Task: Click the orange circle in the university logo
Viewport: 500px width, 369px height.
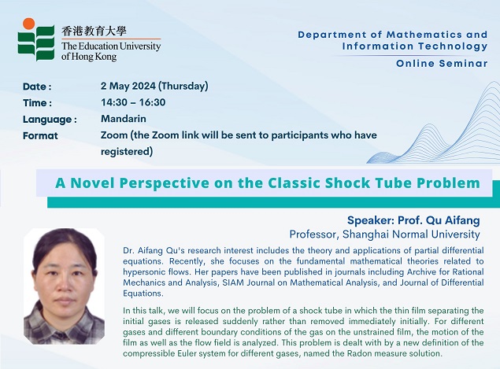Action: (x=28, y=24)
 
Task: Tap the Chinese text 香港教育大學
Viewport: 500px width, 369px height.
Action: (x=94, y=31)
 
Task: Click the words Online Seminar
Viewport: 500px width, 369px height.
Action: (x=442, y=64)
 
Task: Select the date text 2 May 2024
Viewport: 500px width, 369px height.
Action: (x=128, y=86)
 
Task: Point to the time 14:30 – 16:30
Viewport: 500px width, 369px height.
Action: (x=133, y=102)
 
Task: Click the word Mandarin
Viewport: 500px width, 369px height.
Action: (x=124, y=119)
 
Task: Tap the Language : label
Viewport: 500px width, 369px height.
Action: (x=50, y=120)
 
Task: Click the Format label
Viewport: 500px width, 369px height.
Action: (x=40, y=136)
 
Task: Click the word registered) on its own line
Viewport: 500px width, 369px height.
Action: (x=127, y=151)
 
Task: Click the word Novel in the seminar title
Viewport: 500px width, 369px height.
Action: (x=92, y=183)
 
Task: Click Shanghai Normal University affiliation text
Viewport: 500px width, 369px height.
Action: (x=411, y=234)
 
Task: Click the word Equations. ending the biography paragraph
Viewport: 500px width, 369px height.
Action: (x=143, y=293)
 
